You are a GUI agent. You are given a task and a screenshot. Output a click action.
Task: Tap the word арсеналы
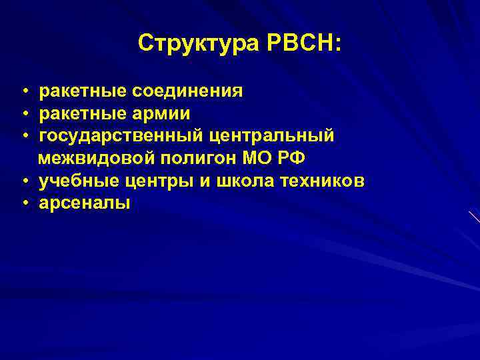click(x=85, y=204)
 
